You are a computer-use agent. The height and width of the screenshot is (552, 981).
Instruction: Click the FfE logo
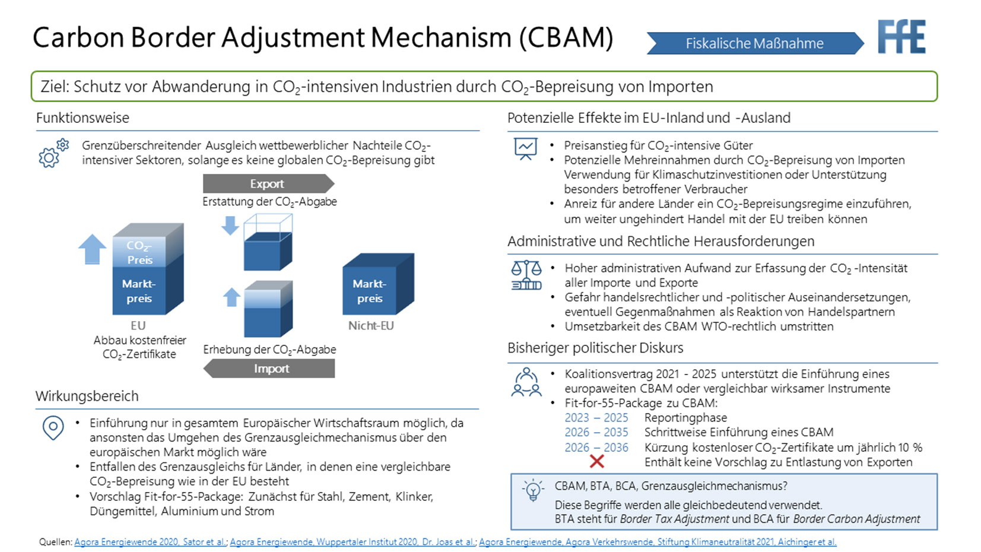901,37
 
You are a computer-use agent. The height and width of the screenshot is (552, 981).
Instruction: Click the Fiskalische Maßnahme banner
754,43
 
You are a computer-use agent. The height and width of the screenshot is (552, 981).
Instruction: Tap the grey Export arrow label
268,183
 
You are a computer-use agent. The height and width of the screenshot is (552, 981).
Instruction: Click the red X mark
596,461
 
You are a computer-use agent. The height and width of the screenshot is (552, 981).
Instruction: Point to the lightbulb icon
532,491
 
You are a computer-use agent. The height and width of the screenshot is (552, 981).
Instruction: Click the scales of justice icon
526,275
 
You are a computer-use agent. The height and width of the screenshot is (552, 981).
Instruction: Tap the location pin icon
53,427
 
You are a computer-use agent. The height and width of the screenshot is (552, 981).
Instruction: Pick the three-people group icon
526,382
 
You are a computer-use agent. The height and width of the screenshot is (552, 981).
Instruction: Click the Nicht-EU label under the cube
371,325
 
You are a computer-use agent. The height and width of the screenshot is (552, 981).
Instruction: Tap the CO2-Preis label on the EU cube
139,252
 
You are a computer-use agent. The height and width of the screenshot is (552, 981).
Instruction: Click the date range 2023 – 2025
596,418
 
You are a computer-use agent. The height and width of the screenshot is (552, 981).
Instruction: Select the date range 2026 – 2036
596,448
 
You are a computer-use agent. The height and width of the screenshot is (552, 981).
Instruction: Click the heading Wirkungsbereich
87,396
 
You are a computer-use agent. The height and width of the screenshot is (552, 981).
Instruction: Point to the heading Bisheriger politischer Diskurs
595,348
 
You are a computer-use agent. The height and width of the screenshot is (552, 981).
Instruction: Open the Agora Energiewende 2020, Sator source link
150,542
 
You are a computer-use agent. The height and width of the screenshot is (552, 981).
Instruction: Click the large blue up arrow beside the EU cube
92,249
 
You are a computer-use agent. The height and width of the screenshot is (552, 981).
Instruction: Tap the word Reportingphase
685,418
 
